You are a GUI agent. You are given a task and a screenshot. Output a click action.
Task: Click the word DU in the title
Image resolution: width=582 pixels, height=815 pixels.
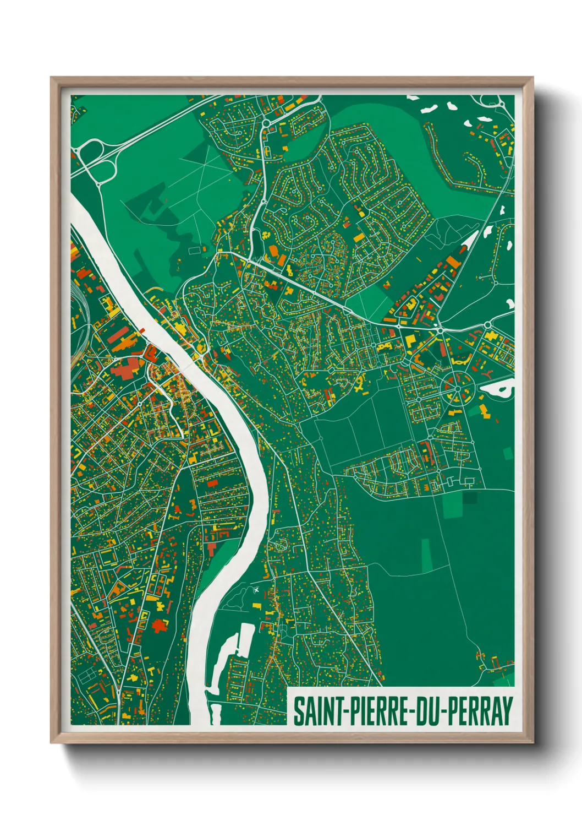coord(427,711)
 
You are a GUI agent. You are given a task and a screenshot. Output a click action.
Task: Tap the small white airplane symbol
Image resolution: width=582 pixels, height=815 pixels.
coord(256,591)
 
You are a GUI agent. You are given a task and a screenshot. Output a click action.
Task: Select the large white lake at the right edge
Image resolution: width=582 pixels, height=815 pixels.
coord(498,390)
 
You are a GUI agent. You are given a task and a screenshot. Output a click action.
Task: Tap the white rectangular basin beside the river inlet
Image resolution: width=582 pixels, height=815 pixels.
coord(245,639)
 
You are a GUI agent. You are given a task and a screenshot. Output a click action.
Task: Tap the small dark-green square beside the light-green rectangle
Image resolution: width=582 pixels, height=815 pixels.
coord(470,498)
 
